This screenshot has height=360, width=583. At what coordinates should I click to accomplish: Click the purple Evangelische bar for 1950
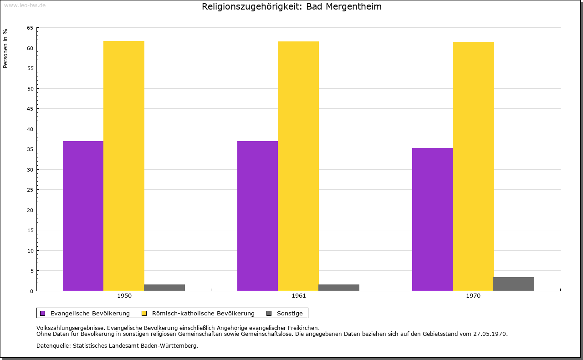coord(83,216)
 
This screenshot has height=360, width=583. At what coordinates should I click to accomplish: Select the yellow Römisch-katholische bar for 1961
coord(298,166)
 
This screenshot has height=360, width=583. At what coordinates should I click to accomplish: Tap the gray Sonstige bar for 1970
coord(513,284)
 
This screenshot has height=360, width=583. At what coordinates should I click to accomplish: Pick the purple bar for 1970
coord(432,219)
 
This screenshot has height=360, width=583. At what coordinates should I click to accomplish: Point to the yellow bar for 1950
coord(124,166)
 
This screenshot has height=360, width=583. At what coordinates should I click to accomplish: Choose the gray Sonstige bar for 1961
coord(339,288)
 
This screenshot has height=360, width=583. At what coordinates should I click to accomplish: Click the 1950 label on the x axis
coord(124,296)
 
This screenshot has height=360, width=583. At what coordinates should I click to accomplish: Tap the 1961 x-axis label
coord(299,296)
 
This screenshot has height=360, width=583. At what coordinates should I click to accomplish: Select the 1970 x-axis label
coord(473,296)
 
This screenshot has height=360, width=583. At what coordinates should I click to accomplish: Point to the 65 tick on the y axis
coord(30,28)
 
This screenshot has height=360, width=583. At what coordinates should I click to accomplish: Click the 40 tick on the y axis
coord(30,129)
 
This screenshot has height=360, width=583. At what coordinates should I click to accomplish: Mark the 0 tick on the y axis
coord(31,291)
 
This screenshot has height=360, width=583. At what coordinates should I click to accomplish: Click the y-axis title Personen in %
coord(5,48)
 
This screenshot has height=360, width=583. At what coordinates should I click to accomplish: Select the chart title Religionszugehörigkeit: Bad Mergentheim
coord(291,7)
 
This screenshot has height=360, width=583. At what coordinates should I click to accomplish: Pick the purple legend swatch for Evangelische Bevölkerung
coord(43,313)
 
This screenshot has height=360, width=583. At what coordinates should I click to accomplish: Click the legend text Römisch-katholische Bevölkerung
coord(203,313)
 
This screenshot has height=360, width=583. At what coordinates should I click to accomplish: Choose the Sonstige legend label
coord(290,313)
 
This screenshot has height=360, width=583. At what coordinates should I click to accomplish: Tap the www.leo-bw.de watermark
coord(25,5)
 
